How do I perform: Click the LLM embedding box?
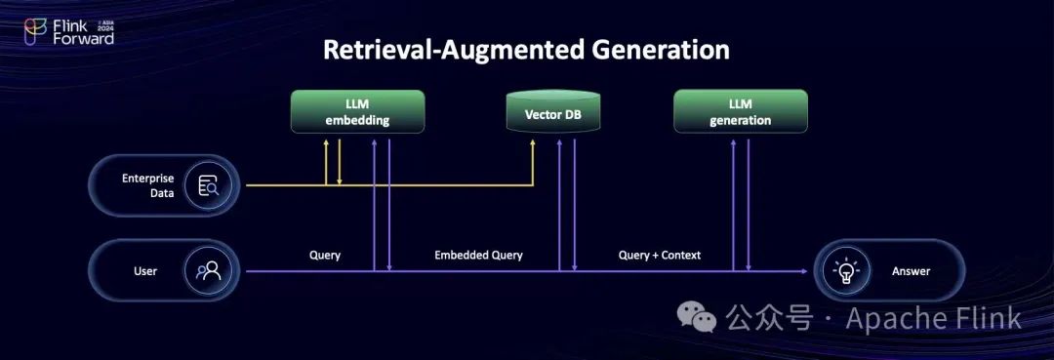[x=357, y=111]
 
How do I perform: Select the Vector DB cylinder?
[x=552, y=111]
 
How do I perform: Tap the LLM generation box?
[x=740, y=111]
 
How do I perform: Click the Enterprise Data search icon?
[x=208, y=185]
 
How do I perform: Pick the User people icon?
[x=208, y=270]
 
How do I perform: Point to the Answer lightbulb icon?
[x=843, y=270]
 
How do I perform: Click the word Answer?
[x=911, y=271]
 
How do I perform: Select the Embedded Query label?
[x=478, y=256]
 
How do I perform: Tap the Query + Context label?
[x=660, y=256]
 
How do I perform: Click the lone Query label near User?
[x=325, y=256]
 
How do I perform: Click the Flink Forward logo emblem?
[x=35, y=31]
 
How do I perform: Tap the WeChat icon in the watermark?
[x=697, y=316]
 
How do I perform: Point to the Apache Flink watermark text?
[x=933, y=317]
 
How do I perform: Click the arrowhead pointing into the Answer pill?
[x=803, y=271]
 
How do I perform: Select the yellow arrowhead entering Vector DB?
[x=534, y=143]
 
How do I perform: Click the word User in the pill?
[x=145, y=271]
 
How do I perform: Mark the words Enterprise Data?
[x=148, y=186]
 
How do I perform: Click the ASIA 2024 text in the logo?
[x=105, y=25]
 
